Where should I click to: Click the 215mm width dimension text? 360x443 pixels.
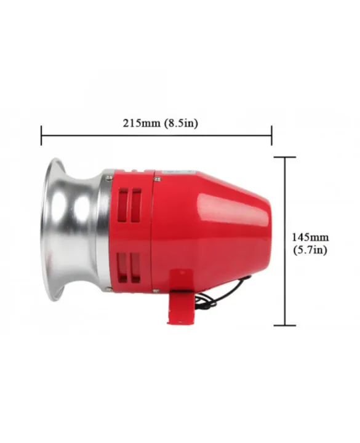(x=139, y=122)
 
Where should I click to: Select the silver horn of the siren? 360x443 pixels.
(x=74, y=231)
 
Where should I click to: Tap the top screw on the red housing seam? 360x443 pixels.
(x=158, y=178)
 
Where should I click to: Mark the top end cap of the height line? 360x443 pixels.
(x=284, y=157)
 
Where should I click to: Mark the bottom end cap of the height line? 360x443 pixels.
(x=284, y=325)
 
